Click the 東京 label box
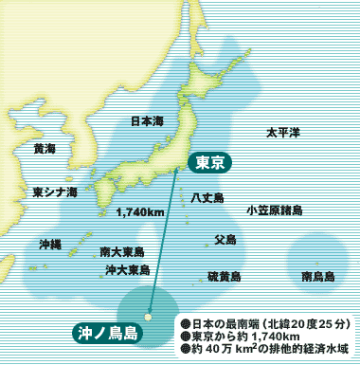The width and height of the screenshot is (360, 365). click(x=208, y=162)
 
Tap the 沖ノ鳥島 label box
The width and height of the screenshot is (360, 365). click(x=108, y=332)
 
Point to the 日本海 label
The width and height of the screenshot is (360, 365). click(x=147, y=121)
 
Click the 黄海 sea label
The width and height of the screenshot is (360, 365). click(x=45, y=149)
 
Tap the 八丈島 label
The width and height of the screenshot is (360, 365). click(x=207, y=197)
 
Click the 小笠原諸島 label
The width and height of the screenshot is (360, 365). click(x=274, y=210)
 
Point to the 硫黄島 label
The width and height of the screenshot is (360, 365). click(x=224, y=276)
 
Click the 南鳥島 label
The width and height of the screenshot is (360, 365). click(x=317, y=277)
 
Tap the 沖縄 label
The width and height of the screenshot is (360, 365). click(x=49, y=244)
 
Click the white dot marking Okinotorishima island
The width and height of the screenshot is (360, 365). click(x=149, y=317)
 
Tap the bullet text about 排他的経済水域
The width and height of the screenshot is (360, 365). click(x=264, y=350)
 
